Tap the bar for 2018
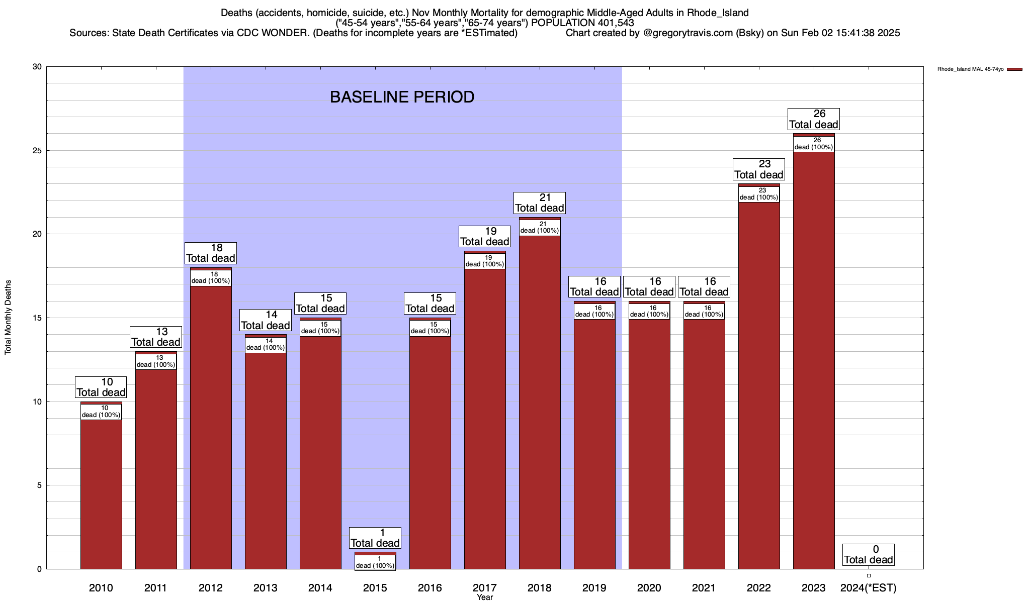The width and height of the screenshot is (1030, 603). (x=540, y=402)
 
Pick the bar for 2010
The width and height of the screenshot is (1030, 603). (x=101, y=492)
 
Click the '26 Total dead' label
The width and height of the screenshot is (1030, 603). (x=813, y=120)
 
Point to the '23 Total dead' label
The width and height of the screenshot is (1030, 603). (x=758, y=170)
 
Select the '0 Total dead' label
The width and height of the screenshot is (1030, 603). (x=869, y=555)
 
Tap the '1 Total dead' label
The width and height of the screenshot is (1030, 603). (x=375, y=538)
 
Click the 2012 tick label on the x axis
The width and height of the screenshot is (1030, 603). (x=211, y=588)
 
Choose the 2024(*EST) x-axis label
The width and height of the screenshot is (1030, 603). (x=869, y=588)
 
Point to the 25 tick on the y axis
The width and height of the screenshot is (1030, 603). (x=37, y=151)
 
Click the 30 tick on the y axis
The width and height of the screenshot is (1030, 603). (x=37, y=67)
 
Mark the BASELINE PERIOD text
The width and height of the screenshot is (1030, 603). (x=402, y=97)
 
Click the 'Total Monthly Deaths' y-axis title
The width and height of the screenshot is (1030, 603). (x=8, y=318)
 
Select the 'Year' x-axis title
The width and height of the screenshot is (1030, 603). (x=485, y=597)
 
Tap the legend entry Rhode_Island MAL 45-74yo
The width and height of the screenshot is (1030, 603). (x=970, y=69)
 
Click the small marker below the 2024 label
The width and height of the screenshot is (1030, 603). (x=869, y=576)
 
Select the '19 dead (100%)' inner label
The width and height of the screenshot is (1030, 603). (x=485, y=261)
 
